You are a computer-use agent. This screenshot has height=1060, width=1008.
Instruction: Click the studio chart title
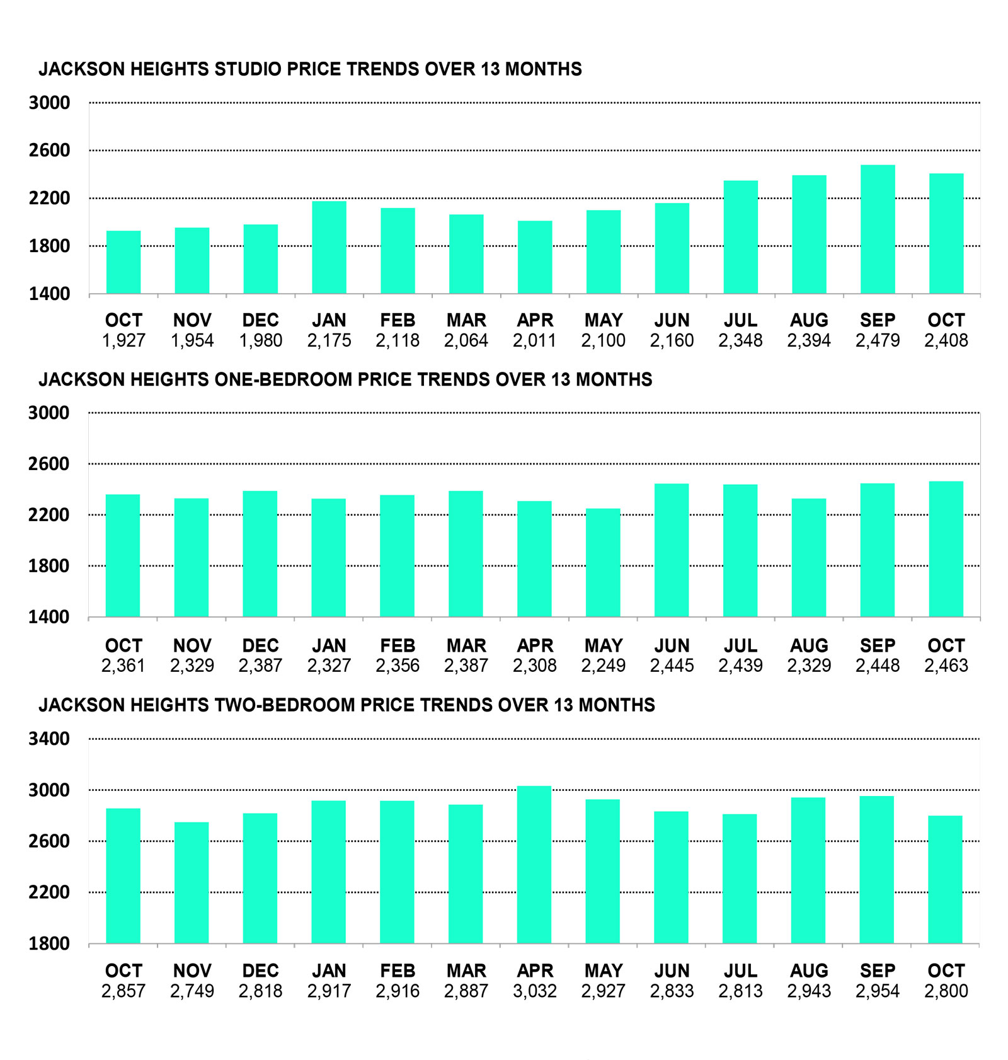[x=310, y=69]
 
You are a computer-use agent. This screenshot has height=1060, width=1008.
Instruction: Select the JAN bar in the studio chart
[x=329, y=248]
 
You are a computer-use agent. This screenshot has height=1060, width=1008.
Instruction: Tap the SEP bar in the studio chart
[x=878, y=229]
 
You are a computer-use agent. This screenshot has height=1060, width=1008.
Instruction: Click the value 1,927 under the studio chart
[x=123, y=341]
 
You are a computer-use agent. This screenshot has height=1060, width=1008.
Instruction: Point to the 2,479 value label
[x=878, y=341]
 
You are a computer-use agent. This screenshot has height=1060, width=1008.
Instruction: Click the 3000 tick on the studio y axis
[x=49, y=103]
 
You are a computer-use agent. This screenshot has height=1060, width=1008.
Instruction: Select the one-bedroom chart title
[x=345, y=379]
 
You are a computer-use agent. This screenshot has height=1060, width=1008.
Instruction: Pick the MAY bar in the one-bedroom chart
[x=603, y=562]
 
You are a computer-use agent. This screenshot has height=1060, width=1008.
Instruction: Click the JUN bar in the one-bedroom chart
[x=672, y=550]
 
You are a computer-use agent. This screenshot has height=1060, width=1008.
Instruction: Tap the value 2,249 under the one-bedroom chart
[x=603, y=665]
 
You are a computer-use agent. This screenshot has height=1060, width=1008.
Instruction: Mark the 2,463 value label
[x=946, y=665]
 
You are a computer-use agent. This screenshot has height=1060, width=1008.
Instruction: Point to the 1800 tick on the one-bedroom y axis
[x=49, y=566]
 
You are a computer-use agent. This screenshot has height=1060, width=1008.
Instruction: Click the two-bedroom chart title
[x=346, y=705]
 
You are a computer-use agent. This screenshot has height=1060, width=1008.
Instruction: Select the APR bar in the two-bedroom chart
[x=534, y=865]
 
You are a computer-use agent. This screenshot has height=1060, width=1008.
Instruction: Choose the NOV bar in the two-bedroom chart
[x=192, y=882]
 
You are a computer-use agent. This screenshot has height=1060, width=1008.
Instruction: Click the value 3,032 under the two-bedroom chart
[x=534, y=991]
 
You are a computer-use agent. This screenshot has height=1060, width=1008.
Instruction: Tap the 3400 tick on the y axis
[x=49, y=739]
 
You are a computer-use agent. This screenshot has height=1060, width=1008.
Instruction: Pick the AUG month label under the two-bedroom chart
[x=809, y=971]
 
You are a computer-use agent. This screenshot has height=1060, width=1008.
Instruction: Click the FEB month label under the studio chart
[x=398, y=320]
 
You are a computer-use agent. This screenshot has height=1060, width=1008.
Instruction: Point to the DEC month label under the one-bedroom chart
[x=260, y=646]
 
